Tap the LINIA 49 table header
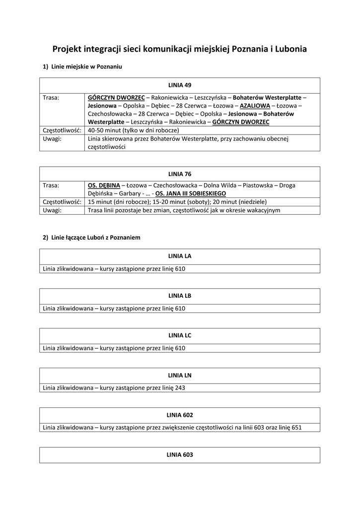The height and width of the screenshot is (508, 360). pyautogui.click(x=180, y=85)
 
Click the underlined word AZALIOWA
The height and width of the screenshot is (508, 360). pyautogui.click(x=255, y=106)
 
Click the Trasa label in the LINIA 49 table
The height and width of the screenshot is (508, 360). pyautogui.click(x=51, y=98)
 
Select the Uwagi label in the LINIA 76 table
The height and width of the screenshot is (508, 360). pyautogui.click(x=52, y=210)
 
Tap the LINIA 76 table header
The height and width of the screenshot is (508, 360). pyautogui.click(x=180, y=174)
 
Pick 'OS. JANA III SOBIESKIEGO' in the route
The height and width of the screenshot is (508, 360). pyautogui.click(x=191, y=193)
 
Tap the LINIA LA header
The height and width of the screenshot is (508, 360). pyautogui.click(x=180, y=256)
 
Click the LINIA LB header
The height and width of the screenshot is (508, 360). pyautogui.click(x=180, y=296)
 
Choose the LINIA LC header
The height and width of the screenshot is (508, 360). pyautogui.click(x=180, y=335)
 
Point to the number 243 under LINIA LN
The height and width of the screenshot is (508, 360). pyautogui.click(x=180, y=388)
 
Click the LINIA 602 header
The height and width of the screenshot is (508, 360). pyautogui.click(x=180, y=415)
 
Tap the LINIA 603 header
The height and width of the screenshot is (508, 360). pyautogui.click(x=180, y=454)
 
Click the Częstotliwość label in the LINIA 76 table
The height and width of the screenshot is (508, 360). pyautogui.click(x=62, y=202)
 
